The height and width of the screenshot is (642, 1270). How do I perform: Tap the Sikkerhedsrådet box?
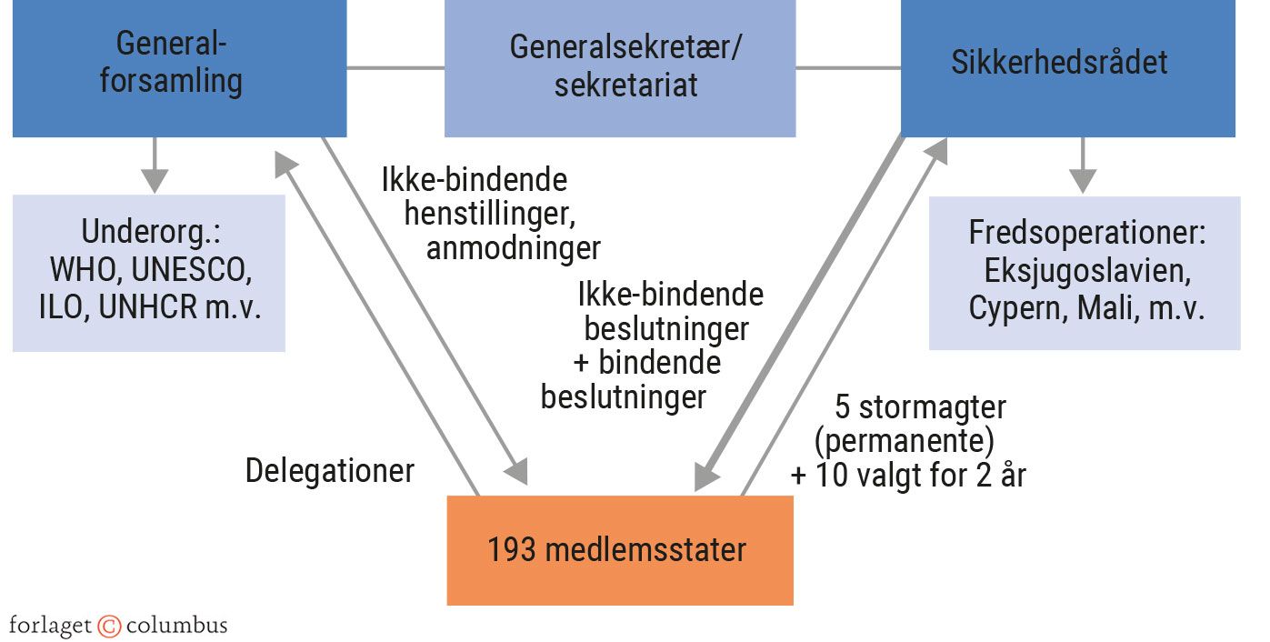pos(1067,64)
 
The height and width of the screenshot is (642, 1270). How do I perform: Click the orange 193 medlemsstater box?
pos(619,550)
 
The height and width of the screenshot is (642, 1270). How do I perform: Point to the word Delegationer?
pos(330,471)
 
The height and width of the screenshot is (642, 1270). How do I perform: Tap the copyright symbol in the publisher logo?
pos(109,626)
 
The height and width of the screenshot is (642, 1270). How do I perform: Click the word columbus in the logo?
pos(176,626)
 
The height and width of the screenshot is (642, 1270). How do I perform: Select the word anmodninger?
pos(514,248)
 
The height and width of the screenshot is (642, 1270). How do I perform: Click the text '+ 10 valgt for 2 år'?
pos(908,475)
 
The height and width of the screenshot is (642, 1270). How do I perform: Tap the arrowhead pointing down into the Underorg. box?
pos(155,180)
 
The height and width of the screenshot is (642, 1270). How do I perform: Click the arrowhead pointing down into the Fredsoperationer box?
pos(1082,180)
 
